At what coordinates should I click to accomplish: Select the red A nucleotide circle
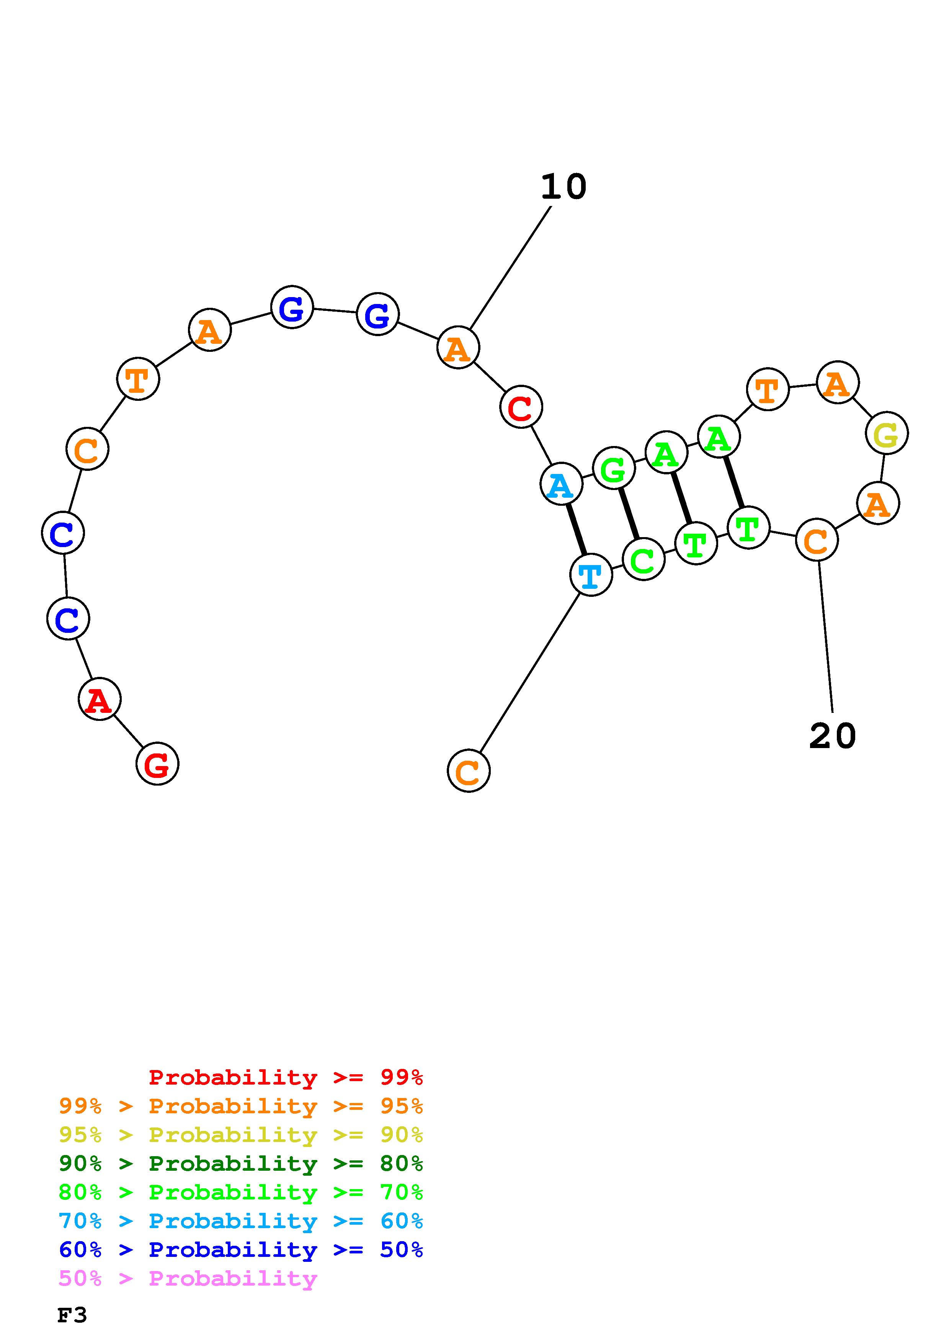click(100, 699)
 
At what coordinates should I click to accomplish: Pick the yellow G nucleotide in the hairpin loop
click(887, 433)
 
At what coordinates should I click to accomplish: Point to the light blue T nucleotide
click(591, 575)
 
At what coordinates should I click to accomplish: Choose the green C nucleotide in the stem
click(643, 560)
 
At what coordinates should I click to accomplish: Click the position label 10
click(563, 187)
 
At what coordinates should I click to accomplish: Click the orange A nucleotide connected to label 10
click(458, 348)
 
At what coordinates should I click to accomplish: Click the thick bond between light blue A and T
click(576, 529)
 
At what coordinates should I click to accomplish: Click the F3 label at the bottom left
click(72, 1315)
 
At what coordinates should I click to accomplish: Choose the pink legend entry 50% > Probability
click(188, 1278)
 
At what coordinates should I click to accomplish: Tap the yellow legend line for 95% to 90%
click(240, 1135)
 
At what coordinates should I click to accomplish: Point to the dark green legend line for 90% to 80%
click(240, 1163)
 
